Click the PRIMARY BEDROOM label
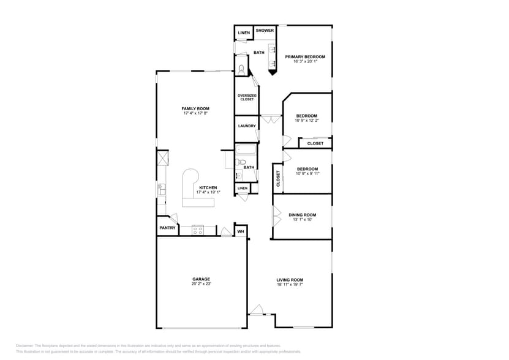tap(305, 56)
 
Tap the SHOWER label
tap(265, 31)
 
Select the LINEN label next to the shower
tap(244, 33)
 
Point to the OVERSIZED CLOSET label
tap(247, 97)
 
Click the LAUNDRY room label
tap(247, 126)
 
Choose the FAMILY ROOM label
tap(195, 108)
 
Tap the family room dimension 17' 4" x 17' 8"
tap(195, 114)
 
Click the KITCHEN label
tap(208, 187)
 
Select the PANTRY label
tap(167, 228)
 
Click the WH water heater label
tap(241, 232)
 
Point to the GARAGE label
tap(201, 279)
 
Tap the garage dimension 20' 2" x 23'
tap(201, 284)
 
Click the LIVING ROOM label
tap(290, 279)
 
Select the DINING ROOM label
tap(302, 214)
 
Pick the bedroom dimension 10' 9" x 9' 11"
tap(307, 174)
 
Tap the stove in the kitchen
tap(197, 230)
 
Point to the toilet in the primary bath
tap(241, 69)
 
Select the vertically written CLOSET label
tap(277, 178)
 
